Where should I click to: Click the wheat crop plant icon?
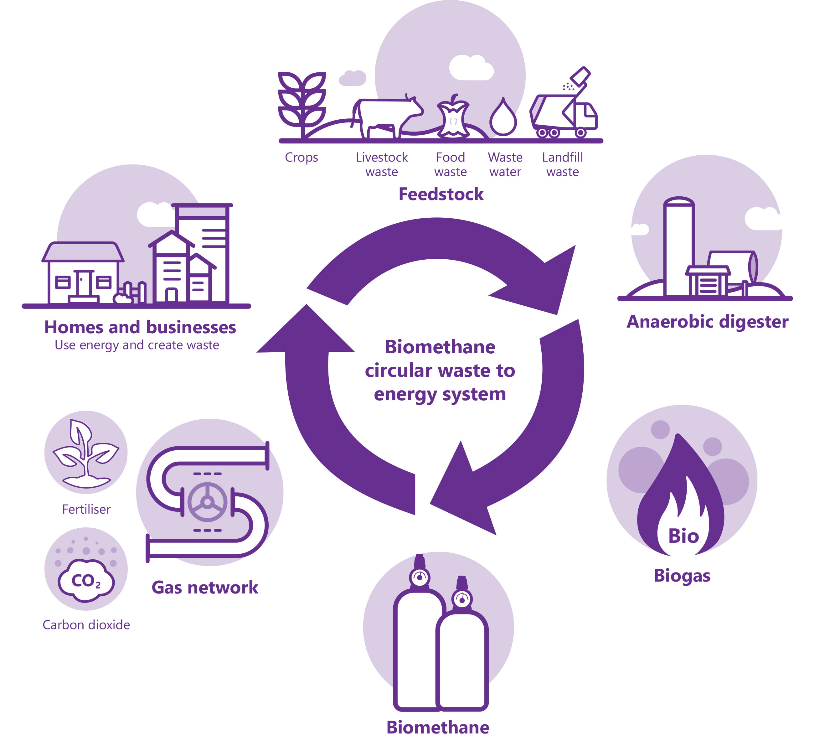click(302, 102)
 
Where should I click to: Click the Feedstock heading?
click(441, 194)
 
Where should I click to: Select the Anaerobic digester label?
click(707, 322)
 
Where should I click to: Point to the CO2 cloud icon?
click(86, 581)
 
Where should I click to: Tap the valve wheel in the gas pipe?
click(208, 502)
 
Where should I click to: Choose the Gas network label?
click(205, 588)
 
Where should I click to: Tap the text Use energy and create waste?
click(137, 345)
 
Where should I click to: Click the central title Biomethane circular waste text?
click(440, 370)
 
